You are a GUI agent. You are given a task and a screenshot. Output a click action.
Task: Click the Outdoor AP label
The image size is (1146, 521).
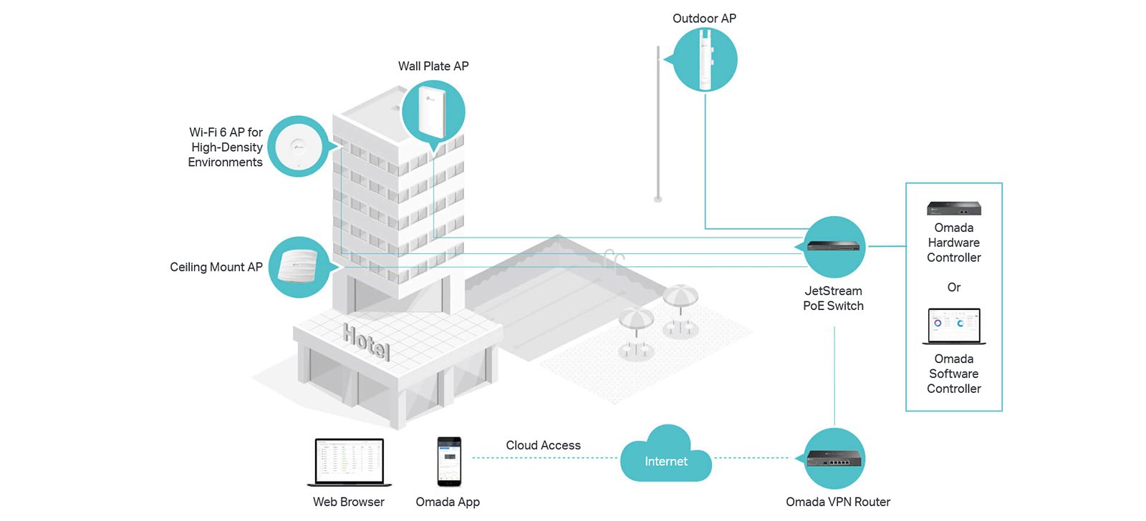pyautogui.click(x=704, y=19)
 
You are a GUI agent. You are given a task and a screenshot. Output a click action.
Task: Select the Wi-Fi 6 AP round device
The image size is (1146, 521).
pyautogui.click(x=298, y=147)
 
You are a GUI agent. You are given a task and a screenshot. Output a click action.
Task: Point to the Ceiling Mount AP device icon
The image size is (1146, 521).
pyautogui.click(x=297, y=266)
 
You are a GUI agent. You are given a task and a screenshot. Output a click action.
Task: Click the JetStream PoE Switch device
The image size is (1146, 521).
pyautogui.click(x=834, y=246)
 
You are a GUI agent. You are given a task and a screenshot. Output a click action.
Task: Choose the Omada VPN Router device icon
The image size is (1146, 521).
pyautogui.click(x=834, y=458)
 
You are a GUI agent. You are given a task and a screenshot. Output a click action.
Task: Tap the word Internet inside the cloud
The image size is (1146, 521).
pyautogui.click(x=665, y=462)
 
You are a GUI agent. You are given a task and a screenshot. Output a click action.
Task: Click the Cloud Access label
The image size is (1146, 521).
pyautogui.click(x=543, y=445)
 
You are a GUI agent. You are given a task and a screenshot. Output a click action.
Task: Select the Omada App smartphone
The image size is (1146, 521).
pyautogui.click(x=448, y=461)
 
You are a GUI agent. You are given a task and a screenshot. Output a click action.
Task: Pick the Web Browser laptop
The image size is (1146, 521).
pyautogui.click(x=350, y=462)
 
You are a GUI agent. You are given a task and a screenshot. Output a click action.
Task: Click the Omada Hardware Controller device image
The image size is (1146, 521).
pyautogui.click(x=953, y=208)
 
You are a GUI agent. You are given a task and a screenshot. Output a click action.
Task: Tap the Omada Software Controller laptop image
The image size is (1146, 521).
pyautogui.click(x=953, y=326)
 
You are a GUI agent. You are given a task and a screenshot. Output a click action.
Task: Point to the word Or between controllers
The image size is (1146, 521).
pyautogui.click(x=953, y=288)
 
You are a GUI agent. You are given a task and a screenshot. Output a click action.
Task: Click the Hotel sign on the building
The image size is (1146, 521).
pyautogui.click(x=366, y=341)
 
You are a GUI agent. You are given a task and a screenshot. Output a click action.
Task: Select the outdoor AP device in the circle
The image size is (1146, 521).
pyautogui.click(x=705, y=60)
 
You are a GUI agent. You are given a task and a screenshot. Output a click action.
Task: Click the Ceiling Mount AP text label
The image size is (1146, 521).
pyautogui.click(x=216, y=267)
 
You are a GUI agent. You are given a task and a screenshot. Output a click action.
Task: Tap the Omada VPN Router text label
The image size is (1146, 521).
pyautogui.click(x=838, y=502)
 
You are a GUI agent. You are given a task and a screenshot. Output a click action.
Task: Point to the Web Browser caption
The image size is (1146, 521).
pyautogui.click(x=348, y=502)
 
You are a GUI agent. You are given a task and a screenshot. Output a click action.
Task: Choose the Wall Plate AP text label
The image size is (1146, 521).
pyautogui.click(x=433, y=66)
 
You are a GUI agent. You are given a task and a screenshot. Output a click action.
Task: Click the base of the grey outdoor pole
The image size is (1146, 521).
pyautogui.click(x=658, y=199)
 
